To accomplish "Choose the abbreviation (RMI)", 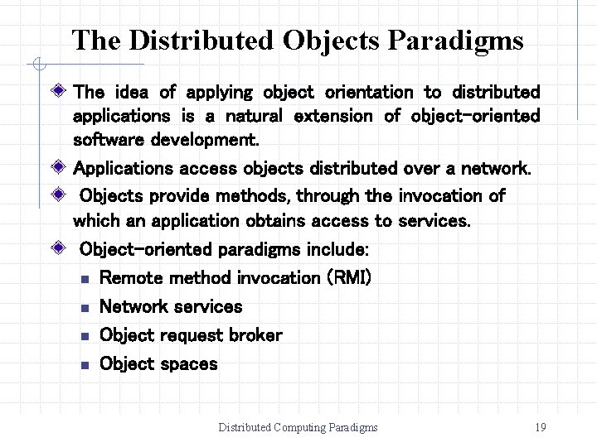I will click(350, 278).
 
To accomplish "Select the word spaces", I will click(188, 364).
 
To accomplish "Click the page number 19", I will click(541, 427).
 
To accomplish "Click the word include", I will click(337, 249).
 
